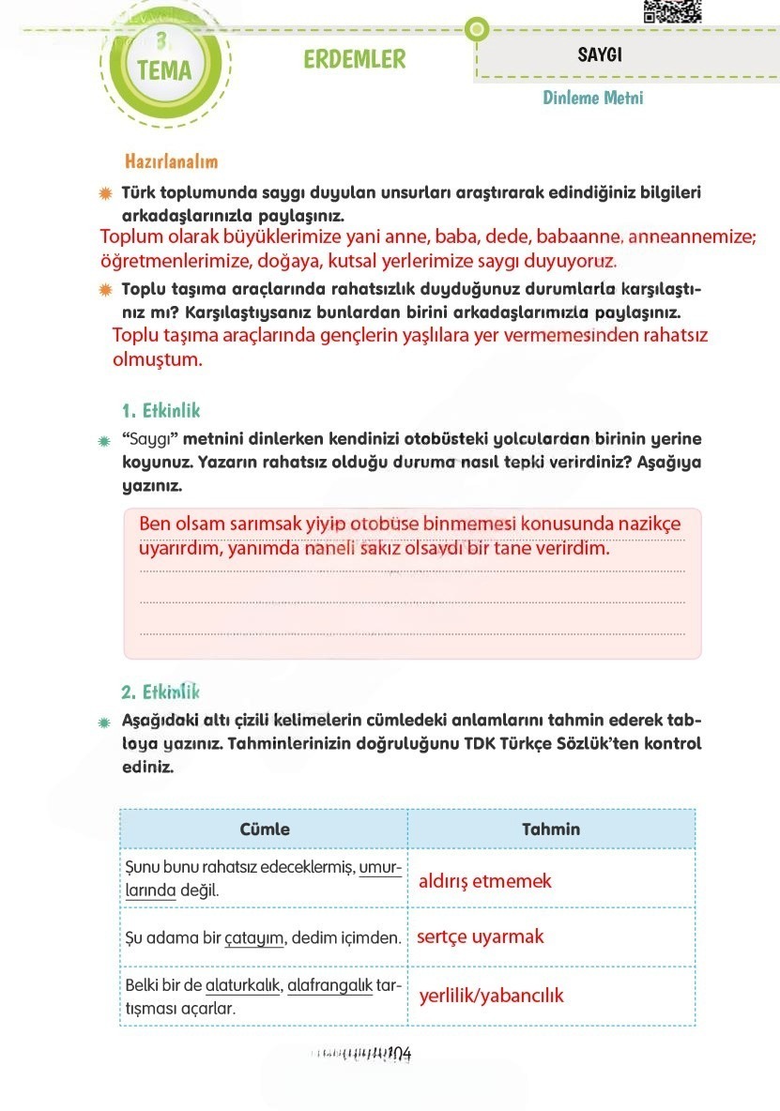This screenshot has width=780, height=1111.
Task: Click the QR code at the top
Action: [x=672, y=10]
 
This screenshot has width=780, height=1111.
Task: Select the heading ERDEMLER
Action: [x=355, y=59]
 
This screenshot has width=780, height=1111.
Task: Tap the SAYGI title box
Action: [x=600, y=55]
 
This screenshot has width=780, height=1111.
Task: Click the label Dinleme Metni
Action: [x=592, y=98]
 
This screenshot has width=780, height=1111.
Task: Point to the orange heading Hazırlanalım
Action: [x=171, y=161]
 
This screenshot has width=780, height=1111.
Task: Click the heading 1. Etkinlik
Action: [x=161, y=410]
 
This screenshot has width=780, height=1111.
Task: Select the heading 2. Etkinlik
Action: [x=161, y=692]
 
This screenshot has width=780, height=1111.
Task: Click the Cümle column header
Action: [x=265, y=829]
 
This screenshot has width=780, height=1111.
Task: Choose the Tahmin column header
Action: [x=551, y=829]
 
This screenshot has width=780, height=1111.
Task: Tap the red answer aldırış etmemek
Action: [x=484, y=881]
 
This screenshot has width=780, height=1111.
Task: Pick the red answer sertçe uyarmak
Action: [x=481, y=936]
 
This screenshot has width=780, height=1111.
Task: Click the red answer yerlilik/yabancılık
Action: [x=491, y=996]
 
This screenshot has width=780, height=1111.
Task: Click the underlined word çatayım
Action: [x=254, y=937]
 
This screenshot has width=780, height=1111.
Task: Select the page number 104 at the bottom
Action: [x=400, y=1054]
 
